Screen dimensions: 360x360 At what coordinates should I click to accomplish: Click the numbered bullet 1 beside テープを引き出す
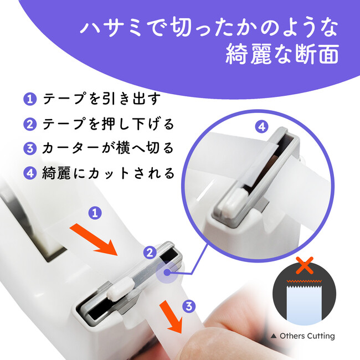(30, 99)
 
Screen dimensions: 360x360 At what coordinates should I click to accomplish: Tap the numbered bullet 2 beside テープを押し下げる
(30, 124)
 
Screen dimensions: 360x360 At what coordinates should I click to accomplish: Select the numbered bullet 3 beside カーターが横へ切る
(30, 148)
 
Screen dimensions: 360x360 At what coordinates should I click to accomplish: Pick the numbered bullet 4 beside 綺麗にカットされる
(30, 173)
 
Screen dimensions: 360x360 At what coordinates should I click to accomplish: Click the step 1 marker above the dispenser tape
(95, 213)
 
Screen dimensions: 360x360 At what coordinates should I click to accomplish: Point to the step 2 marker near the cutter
(150, 253)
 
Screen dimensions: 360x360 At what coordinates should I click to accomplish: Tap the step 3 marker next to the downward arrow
(189, 306)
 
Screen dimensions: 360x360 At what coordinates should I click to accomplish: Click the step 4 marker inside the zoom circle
(262, 126)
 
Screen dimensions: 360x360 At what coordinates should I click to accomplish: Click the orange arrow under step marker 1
(94, 240)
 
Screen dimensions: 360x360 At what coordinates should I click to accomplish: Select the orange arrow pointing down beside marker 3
(172, 317)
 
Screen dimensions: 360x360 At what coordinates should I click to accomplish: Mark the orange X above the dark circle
(305, 265)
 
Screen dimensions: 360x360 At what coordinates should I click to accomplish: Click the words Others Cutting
(307, 336)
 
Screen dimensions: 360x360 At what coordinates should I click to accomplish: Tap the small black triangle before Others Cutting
(274, 336)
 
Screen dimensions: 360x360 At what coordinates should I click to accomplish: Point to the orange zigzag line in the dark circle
(304, 281)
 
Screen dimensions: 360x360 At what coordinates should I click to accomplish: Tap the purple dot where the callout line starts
(167, 272)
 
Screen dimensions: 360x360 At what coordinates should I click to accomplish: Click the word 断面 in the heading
(317, 54)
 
